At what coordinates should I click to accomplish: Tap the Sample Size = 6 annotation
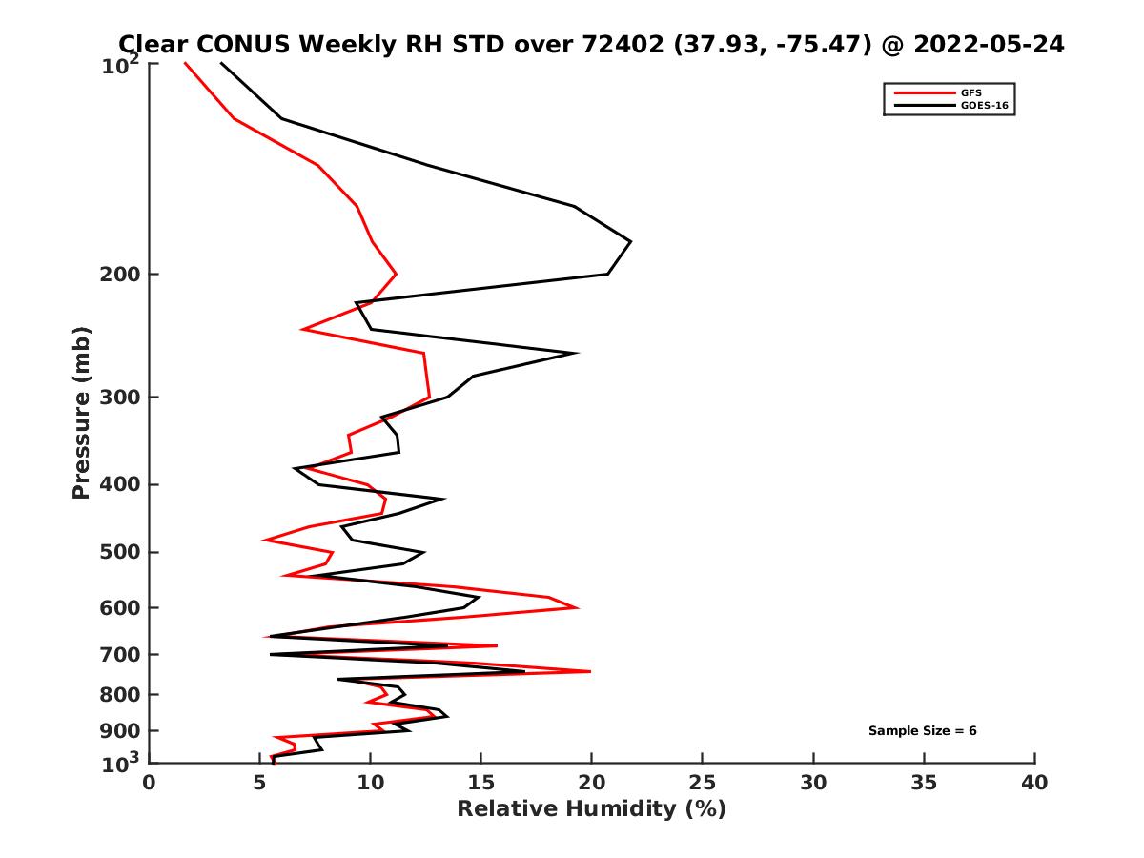(x=922, y=731)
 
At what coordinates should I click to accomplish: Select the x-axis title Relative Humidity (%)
(x=591, y=809)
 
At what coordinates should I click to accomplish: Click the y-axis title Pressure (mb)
(x=81, y=412)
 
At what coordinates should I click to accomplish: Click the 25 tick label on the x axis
(x=703, y=784)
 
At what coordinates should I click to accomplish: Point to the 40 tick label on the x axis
(x=1034, y=784)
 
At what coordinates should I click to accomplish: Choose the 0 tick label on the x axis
(x=150, y=784)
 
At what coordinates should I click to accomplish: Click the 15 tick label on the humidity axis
(x=481, y=784)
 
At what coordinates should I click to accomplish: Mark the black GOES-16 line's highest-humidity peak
(x=630, y=242)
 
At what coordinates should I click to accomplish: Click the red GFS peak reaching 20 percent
(x=590, y=672)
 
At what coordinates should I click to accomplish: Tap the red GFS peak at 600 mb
(x=577, y=607)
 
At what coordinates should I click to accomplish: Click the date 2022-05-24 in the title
(x=987, y=44)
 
